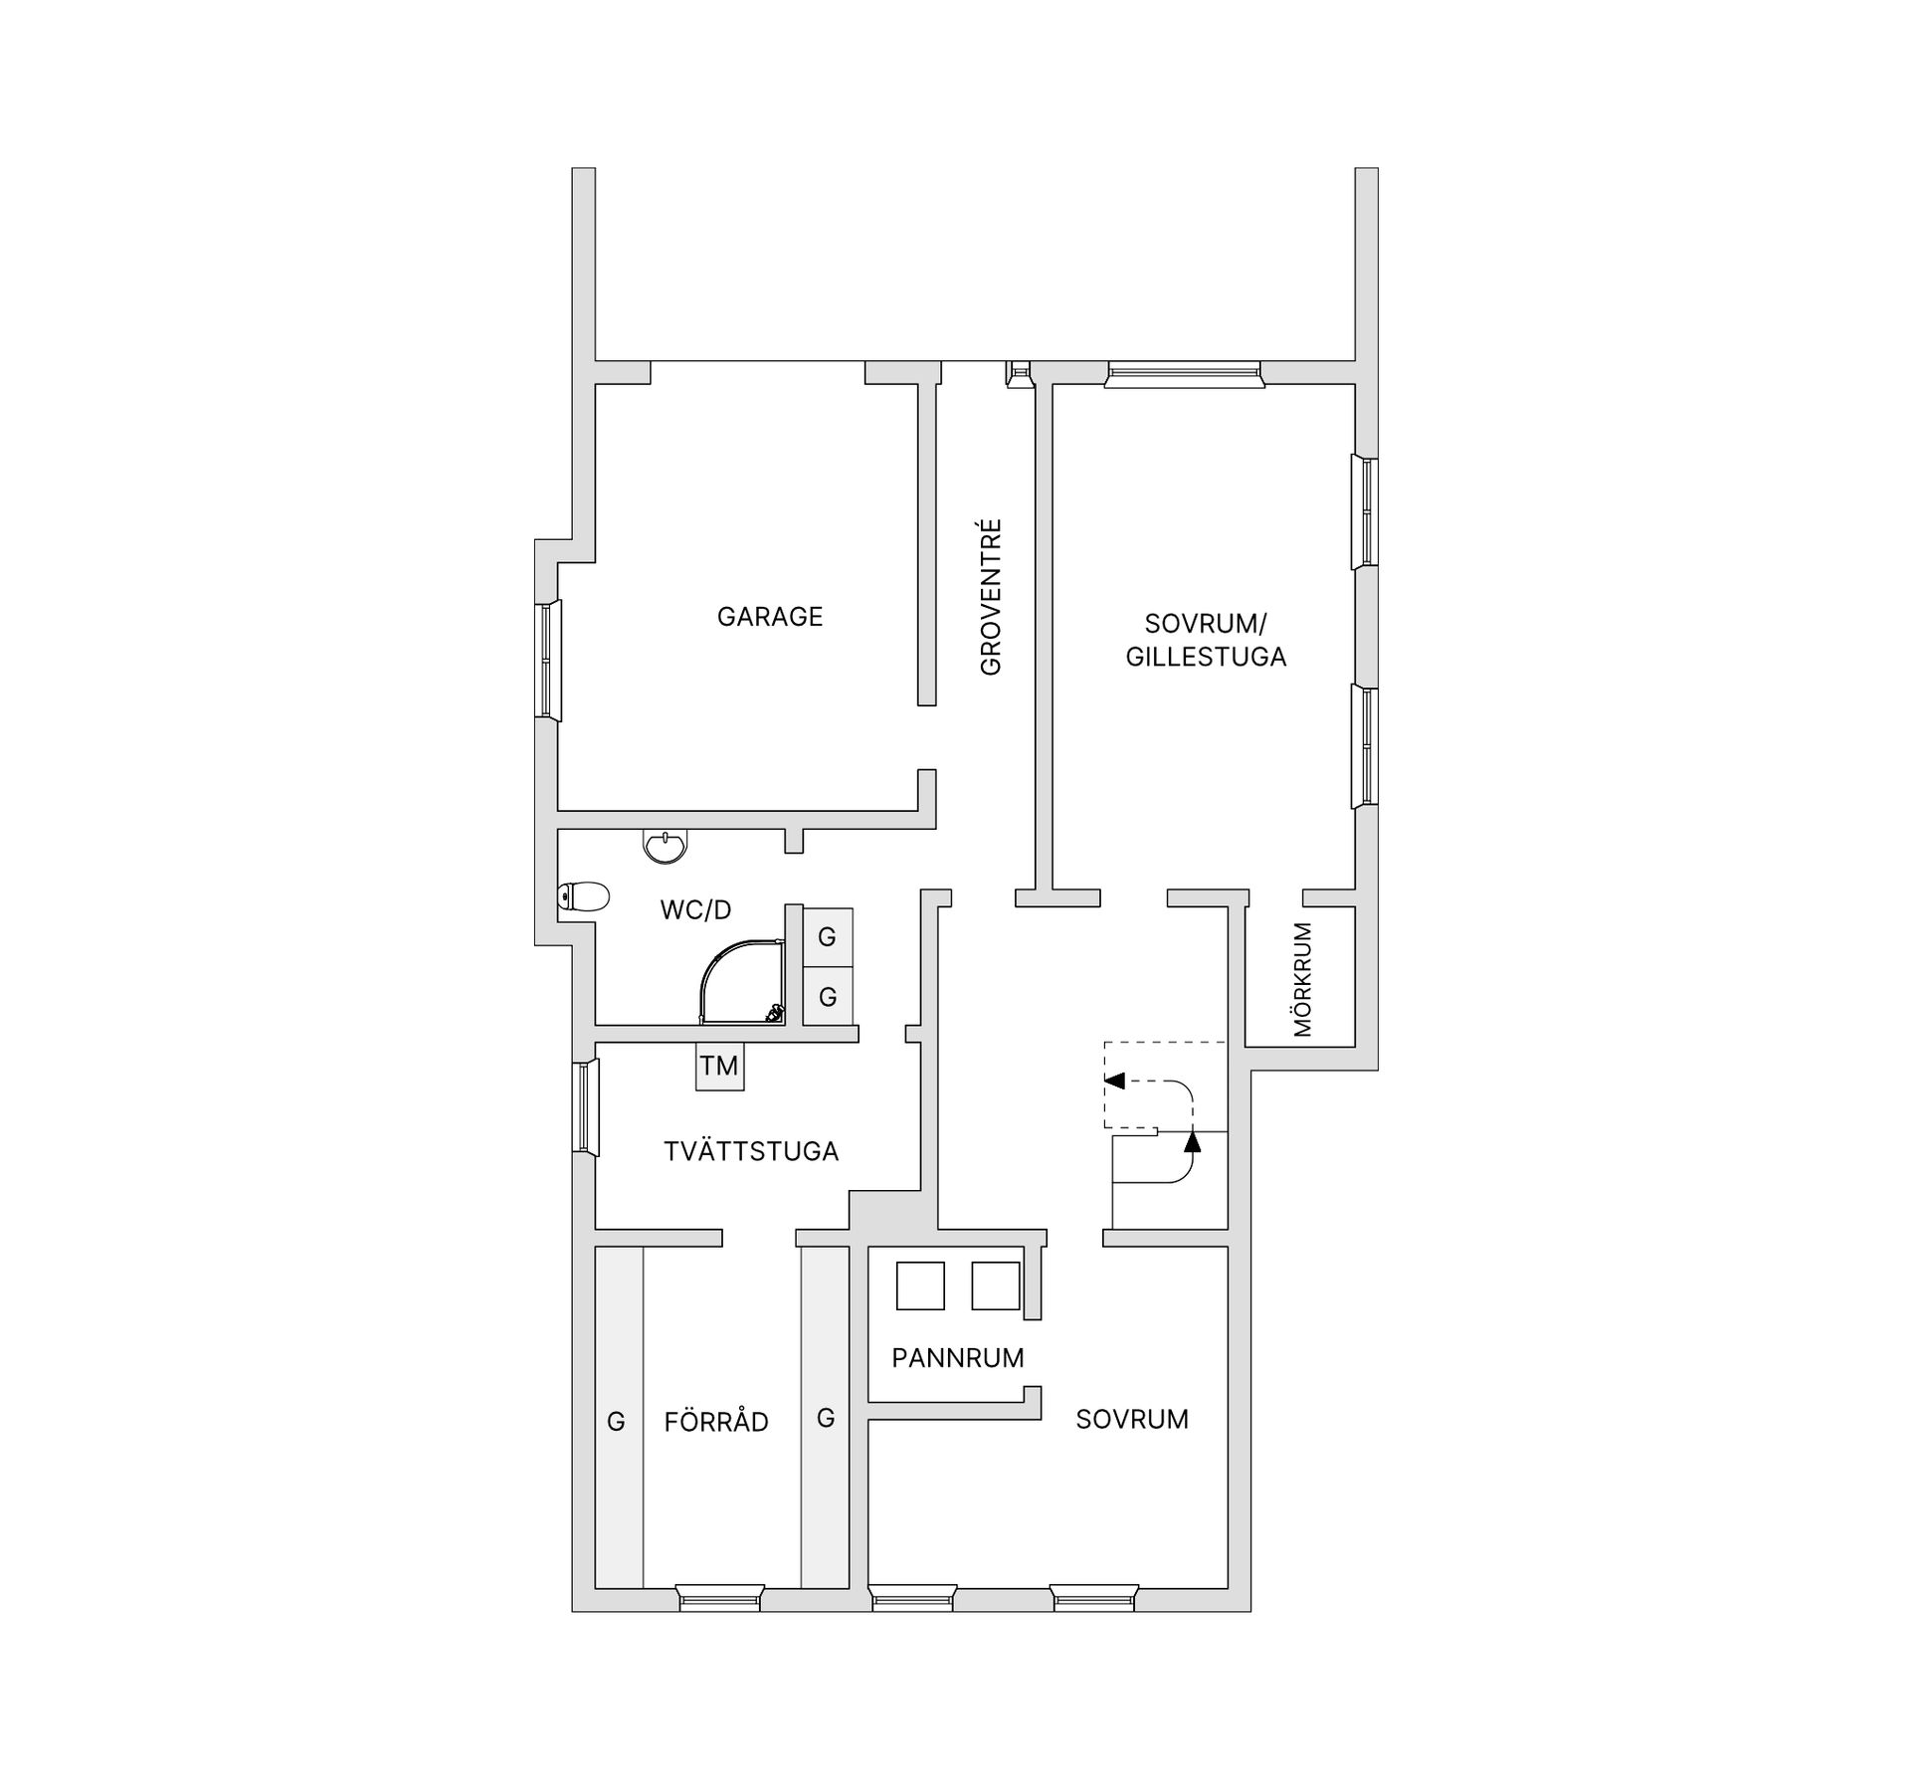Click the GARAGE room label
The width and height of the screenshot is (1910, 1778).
click(770, 617)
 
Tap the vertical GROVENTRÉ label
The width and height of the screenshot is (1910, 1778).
click(991, 597)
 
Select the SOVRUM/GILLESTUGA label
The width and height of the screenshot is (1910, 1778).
click(1206, 640)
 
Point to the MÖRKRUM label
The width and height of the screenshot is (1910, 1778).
click(1303, 980)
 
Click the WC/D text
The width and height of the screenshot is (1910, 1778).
click(695, 909)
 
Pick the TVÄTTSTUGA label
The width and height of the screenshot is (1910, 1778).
click(751, 1151)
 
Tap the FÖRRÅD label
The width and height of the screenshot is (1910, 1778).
click(716, 1422)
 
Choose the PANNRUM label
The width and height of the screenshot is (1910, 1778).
click(958, 1358)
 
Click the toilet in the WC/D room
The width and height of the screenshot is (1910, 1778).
click(584, 897)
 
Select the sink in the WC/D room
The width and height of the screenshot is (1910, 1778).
click(665, 847)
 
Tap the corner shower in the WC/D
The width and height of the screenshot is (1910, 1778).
click(742, 983)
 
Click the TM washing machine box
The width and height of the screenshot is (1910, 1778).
click(719, 1066)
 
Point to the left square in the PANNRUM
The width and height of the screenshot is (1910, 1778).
click(920, 1285)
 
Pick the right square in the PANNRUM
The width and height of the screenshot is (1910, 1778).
click(996, 1285)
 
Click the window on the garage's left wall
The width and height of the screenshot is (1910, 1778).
click(548, 659)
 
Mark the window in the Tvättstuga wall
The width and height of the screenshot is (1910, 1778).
click(586, 1107)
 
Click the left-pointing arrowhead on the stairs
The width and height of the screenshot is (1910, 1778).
click(1114, 1081)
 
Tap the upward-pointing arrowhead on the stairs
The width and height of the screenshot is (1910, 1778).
click(1193, 1141)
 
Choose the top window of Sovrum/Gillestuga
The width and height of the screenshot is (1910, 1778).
click(1184, 374)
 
